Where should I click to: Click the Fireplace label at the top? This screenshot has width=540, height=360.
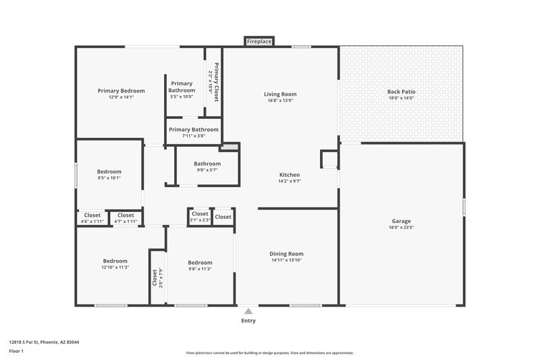(259, 42)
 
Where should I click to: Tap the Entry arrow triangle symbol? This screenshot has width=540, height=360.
(248, 311)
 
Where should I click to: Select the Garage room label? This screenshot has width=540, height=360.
(402, 221)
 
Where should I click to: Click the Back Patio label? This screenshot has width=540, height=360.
(401, 92)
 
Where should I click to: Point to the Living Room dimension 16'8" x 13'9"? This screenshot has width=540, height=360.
(280, 101)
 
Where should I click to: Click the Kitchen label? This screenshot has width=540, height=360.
(290, 175)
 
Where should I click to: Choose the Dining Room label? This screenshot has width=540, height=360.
(287, 253)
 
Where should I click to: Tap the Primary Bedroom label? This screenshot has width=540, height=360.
(122, 91)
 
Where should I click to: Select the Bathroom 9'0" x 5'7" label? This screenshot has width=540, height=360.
(207, 163)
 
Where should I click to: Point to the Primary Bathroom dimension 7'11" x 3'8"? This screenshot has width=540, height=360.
(194, 136)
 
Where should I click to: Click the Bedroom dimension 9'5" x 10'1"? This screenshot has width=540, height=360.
(109, 178)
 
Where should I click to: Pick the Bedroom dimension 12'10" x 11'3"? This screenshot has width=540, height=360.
(115, 267)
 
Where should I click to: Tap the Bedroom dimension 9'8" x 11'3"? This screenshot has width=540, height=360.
(200, 269)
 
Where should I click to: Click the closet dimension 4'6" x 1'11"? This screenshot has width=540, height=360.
(92, 222)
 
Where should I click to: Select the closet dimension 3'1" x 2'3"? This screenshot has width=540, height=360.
(200, 220)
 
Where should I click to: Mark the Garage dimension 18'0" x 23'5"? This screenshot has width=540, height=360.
(402, 228)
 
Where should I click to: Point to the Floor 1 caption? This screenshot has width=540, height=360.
(16, 351)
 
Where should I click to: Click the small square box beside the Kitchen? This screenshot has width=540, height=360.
(329, 159)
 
